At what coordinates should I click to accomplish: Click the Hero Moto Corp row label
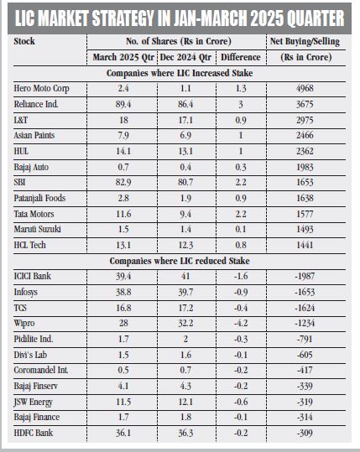click(42, 89)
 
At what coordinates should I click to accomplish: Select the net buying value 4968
click(305, 88)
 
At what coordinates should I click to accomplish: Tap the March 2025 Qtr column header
click(123, 57)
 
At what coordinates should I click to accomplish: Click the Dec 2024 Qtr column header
click(185, 57)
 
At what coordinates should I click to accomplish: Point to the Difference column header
click(241, 57)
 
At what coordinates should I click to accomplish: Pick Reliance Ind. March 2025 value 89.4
click(123, 104)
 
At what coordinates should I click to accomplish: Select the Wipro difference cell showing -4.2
click(241, 323)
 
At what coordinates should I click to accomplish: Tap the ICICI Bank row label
click(32, 276)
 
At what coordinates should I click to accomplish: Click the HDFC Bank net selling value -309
click(305, 433)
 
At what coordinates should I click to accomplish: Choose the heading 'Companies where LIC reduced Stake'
click(180, 261)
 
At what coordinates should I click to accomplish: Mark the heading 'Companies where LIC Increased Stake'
click(180, 73)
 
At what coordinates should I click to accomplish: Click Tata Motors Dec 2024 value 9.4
click(185, 214)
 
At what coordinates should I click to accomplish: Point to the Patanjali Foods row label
click(39, 198)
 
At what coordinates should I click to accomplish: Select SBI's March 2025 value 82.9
click(123, 183)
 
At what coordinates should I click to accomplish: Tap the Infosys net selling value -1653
click(305, 292)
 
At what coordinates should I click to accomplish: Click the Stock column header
click(24, 42)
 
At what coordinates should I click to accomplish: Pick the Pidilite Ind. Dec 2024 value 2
click(185, 339)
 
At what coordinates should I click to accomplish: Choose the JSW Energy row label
click(34, 403)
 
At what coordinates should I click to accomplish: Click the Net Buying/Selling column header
click(305, 42)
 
